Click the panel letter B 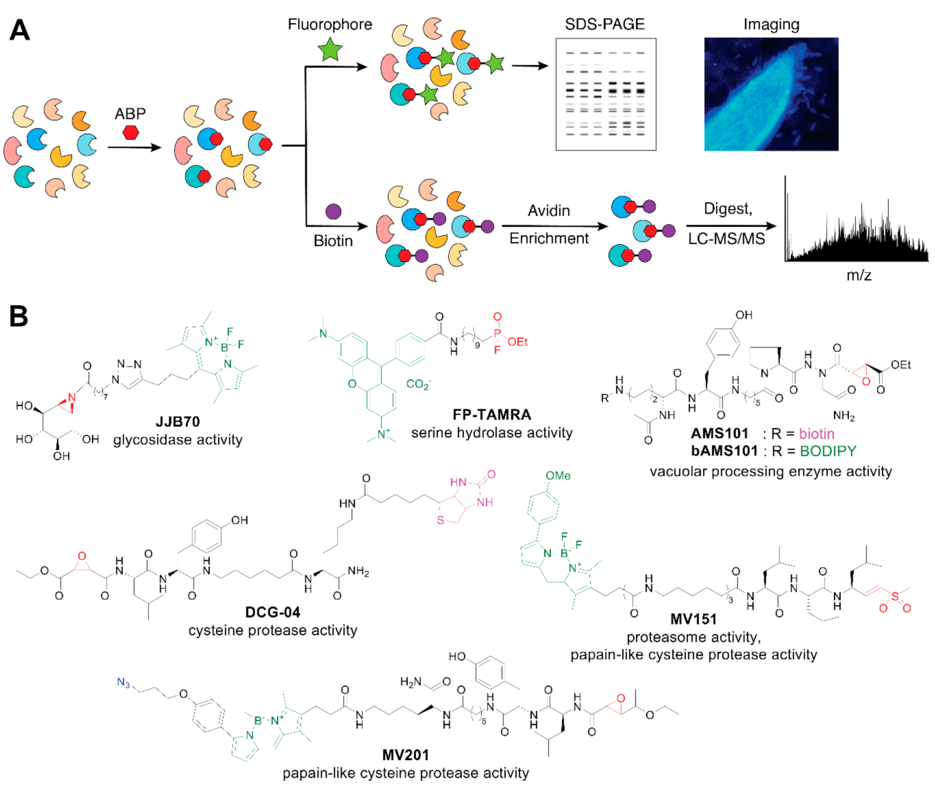click(x=18, y=316)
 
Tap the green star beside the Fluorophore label click(x=330, y=50)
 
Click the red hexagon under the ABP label click(x=131, y=132)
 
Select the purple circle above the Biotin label click(x=333, y=212)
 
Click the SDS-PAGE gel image click(x=606, y=94)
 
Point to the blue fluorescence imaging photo click(x=771, y=94)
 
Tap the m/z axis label click(x=859, y=275)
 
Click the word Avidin click(x=549, y=211)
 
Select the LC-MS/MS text click(x=726, y=239)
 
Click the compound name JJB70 click(x=178, y=422)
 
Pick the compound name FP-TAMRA click(x=492, y=414)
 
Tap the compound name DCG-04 click(x=272, y=612)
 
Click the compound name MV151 click(x=693, y=619)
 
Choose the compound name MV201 click(x=405, y=755)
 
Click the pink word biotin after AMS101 click(x=816, y=433)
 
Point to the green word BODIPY click(x=828, y=451)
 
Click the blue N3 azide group click(x=123, y=683)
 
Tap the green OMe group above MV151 click(x=558, y=475)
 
